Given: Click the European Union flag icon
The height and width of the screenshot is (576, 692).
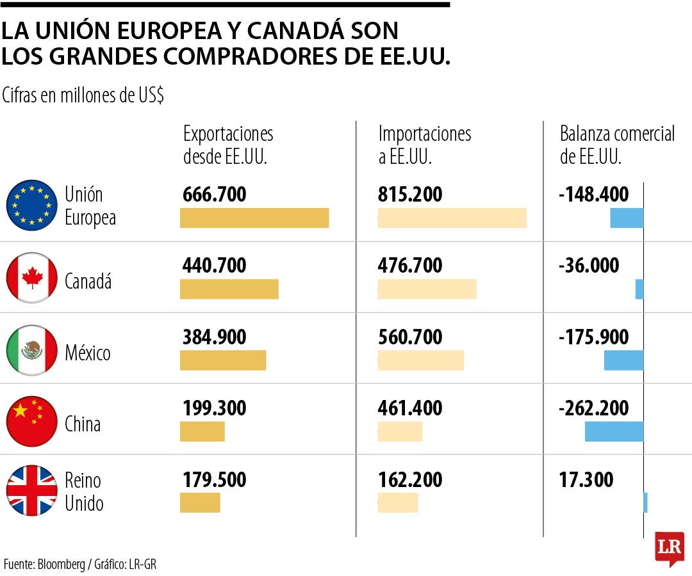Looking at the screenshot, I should point(32,205).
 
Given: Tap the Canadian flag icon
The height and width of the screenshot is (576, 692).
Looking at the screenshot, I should point(32,278).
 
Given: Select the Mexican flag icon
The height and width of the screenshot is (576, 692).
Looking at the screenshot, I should point(32,350).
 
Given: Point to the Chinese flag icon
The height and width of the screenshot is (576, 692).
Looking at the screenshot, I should point(32,421).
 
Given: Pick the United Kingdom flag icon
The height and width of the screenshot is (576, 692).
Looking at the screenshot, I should point(32,491).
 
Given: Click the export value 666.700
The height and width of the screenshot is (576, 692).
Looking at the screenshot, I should point(215,195).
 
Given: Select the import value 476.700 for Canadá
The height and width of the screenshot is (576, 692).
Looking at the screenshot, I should point(410,266).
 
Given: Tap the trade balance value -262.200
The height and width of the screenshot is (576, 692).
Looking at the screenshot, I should point(593,408).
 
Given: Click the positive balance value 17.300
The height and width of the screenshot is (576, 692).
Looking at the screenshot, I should point(586,479).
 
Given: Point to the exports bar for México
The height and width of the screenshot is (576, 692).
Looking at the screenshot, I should point(223,360).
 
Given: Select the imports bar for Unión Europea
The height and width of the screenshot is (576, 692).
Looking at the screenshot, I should point(452,218).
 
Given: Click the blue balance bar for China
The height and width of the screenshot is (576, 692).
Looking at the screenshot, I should point(614,431).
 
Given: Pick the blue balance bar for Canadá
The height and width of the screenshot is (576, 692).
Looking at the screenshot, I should point(639,289).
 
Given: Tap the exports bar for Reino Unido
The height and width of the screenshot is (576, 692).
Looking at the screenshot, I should point(200,502).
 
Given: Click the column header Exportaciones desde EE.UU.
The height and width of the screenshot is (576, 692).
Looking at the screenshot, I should point(228,145).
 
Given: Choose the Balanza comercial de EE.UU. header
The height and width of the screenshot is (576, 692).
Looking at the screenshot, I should point(617,145).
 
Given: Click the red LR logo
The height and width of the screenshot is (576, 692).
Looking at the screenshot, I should point(669,547).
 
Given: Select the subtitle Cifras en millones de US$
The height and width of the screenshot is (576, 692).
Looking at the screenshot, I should point(83,95).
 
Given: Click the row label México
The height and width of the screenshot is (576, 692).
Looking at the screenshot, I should point(88,353).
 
